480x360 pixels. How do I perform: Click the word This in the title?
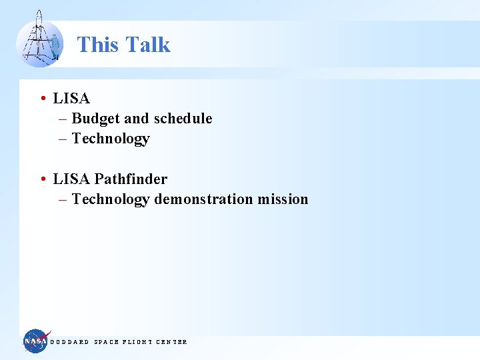[98, 45]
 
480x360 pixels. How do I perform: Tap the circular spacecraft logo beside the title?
[39, 41]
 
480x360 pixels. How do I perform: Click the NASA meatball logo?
[35, 341]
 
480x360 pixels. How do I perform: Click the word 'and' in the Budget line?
[136, 119]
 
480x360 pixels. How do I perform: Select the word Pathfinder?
[131, 179]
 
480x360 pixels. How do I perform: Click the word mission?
[285, 199]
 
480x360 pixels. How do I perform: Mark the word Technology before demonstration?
[111, 199]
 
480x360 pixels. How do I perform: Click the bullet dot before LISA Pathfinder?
[43, 179]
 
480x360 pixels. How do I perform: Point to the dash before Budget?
[63, 119]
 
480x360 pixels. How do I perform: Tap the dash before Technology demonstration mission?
[63, 199]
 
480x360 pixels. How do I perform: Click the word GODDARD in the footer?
[69, 342]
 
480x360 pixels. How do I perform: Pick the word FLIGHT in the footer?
[137, 342]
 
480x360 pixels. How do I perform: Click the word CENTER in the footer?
[171, 342]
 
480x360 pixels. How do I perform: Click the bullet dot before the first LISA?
[43, 99]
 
